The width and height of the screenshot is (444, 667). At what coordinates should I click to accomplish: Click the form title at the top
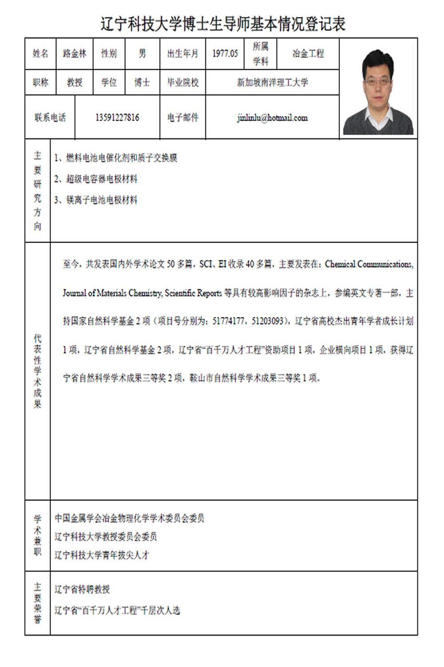(223, 24)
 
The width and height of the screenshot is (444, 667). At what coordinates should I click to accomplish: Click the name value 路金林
(75, 54)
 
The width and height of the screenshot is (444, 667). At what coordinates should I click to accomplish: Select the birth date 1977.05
(225, 54)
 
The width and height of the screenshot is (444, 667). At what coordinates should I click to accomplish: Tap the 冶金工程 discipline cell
(308, 54)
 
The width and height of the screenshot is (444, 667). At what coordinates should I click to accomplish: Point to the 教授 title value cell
(75, 82)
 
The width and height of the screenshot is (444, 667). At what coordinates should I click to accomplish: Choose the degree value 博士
(142, 82)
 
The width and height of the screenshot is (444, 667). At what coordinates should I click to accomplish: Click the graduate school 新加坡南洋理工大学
(272, 82)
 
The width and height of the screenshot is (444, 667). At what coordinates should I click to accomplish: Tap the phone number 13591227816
(117, 118)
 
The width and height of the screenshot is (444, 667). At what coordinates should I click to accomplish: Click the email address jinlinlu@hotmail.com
(272, 118)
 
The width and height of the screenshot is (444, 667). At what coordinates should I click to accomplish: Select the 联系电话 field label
(50, 118)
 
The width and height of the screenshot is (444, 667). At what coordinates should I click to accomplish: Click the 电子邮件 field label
(182, 118)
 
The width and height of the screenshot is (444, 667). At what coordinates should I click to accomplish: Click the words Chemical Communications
(369, 264)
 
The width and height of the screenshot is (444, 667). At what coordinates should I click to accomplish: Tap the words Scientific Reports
(193, 293)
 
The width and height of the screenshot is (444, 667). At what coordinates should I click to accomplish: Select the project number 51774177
(228, 321)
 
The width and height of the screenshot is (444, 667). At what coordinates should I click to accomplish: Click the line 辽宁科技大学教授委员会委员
(106, 537)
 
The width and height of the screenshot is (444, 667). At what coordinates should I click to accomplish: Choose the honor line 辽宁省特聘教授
(82, 590)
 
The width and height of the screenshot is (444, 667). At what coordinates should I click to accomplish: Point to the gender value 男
(142, 54)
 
